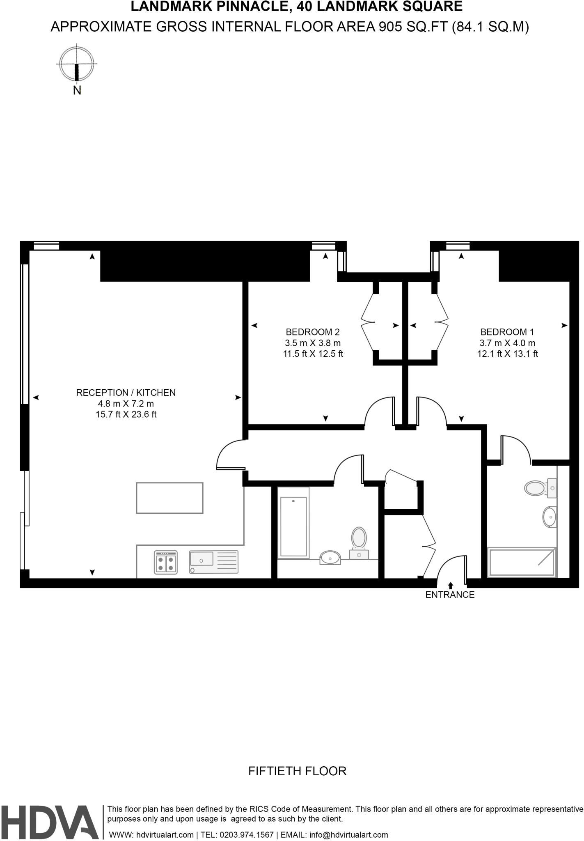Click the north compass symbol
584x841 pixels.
point(76,64)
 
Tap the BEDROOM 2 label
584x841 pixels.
point(313,332)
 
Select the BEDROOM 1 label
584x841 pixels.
point(507,332)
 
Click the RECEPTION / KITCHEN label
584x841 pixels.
point(126,393)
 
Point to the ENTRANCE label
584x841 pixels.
point(450,595)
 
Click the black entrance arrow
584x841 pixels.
point(451,586)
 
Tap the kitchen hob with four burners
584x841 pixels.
point(166,562)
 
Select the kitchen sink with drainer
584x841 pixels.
point(213,562)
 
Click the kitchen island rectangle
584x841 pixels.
point(169,498)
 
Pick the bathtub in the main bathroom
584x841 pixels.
point(293,523)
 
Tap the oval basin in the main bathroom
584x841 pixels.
point(330,558)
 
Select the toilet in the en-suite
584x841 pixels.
point(537,488)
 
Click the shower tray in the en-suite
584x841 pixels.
point(521,562)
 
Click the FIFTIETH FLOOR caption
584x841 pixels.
point(298,771)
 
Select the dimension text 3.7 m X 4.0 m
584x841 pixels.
point(507,343)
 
